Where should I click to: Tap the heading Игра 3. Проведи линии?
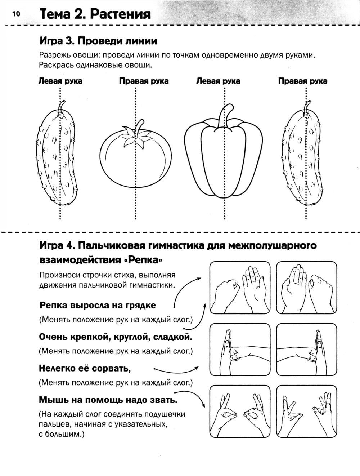tap(98, 41)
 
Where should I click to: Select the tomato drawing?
tap(135, 157)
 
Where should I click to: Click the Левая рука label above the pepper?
tap(218, 81)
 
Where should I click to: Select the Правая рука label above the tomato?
tap(144, 81)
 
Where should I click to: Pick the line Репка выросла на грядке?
tap(98, 305)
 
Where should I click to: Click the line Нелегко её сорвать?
tap(85, 369)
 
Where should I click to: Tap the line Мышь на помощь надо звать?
tap(108, 400)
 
